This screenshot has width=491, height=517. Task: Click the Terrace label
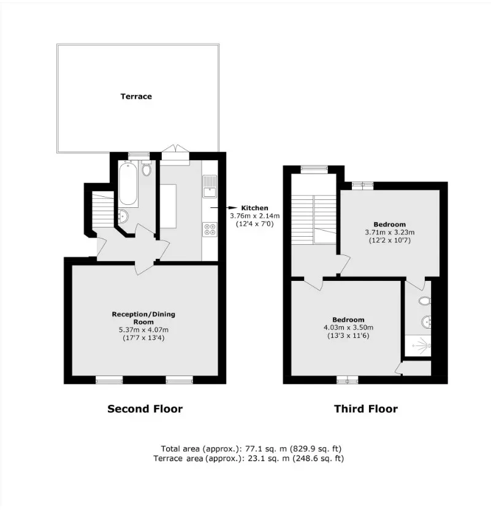pos(136,96)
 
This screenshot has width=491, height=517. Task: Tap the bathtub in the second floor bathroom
pos(128,183)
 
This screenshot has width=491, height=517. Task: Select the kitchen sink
pos(210,186)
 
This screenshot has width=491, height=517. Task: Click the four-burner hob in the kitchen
pos(210,229)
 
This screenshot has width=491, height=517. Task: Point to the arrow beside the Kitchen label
pos(224,208)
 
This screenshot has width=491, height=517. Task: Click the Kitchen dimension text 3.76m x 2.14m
pos(255,216)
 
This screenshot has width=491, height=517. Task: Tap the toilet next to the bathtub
pos(147,168)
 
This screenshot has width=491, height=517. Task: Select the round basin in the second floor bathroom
pos(123,216)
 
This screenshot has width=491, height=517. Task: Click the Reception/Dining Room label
pos(143,318)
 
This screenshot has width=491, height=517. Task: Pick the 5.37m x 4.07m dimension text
pos(143,330)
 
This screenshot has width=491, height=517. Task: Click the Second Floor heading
pos(145,409)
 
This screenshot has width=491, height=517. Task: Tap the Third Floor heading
pos(366,409)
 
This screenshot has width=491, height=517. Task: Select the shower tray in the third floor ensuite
pos(418,345)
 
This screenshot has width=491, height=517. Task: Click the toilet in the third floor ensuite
pos(425,301)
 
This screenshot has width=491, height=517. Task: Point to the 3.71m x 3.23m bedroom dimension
pos(389,232)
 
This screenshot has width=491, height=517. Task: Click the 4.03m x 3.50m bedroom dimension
pos(348,327)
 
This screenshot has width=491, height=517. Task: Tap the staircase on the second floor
pos(103,210)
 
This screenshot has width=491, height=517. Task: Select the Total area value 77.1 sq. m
pos(265,449)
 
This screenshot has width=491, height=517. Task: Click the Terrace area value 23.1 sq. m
pos(267,458)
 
